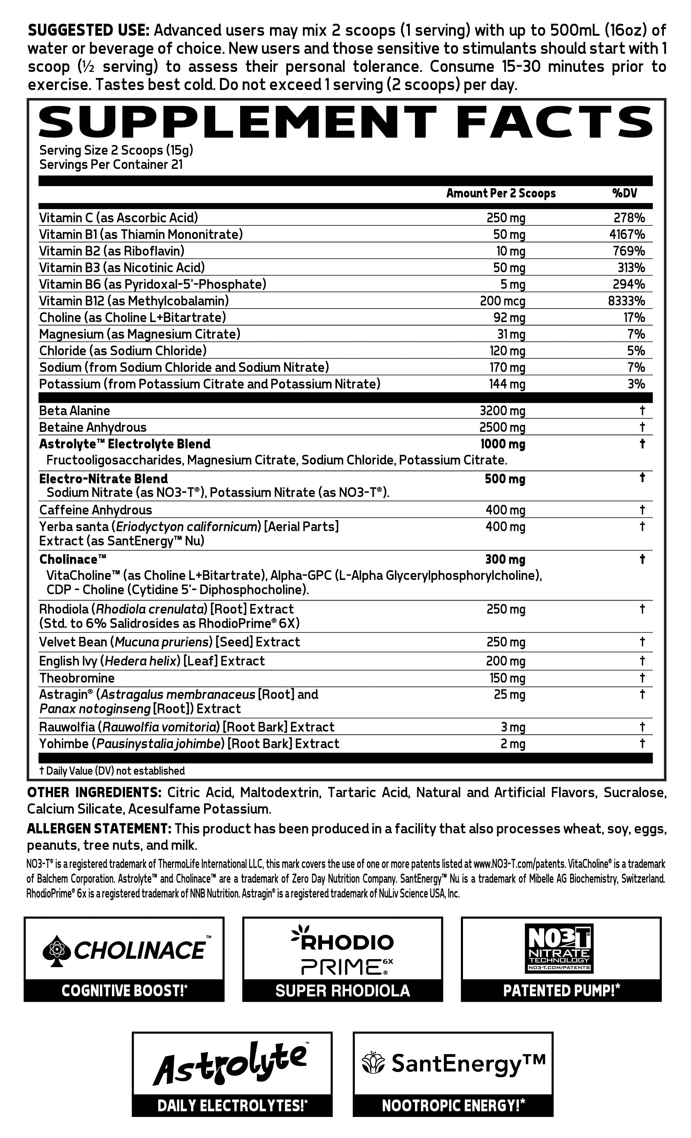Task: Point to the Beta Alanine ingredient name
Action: pos(74,411)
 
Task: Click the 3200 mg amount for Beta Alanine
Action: pos(502,411)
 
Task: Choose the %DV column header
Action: pos(624,193)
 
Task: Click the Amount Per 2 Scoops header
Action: pos(501,193)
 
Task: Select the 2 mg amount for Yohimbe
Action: pos(513,743)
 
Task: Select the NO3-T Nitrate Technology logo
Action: pos(560,948)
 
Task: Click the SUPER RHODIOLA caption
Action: pos(342,990)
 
